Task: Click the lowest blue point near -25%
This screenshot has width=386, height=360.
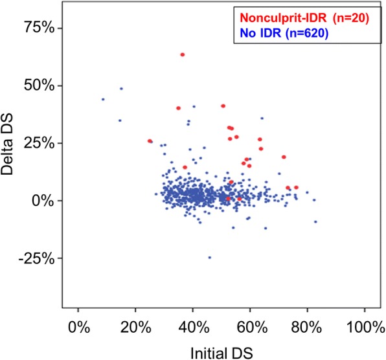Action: (x=209, y=257)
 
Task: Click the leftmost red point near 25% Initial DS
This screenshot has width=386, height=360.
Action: (x=150, y=141)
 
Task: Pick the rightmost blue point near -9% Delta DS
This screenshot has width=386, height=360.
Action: (x=315, y=221)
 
